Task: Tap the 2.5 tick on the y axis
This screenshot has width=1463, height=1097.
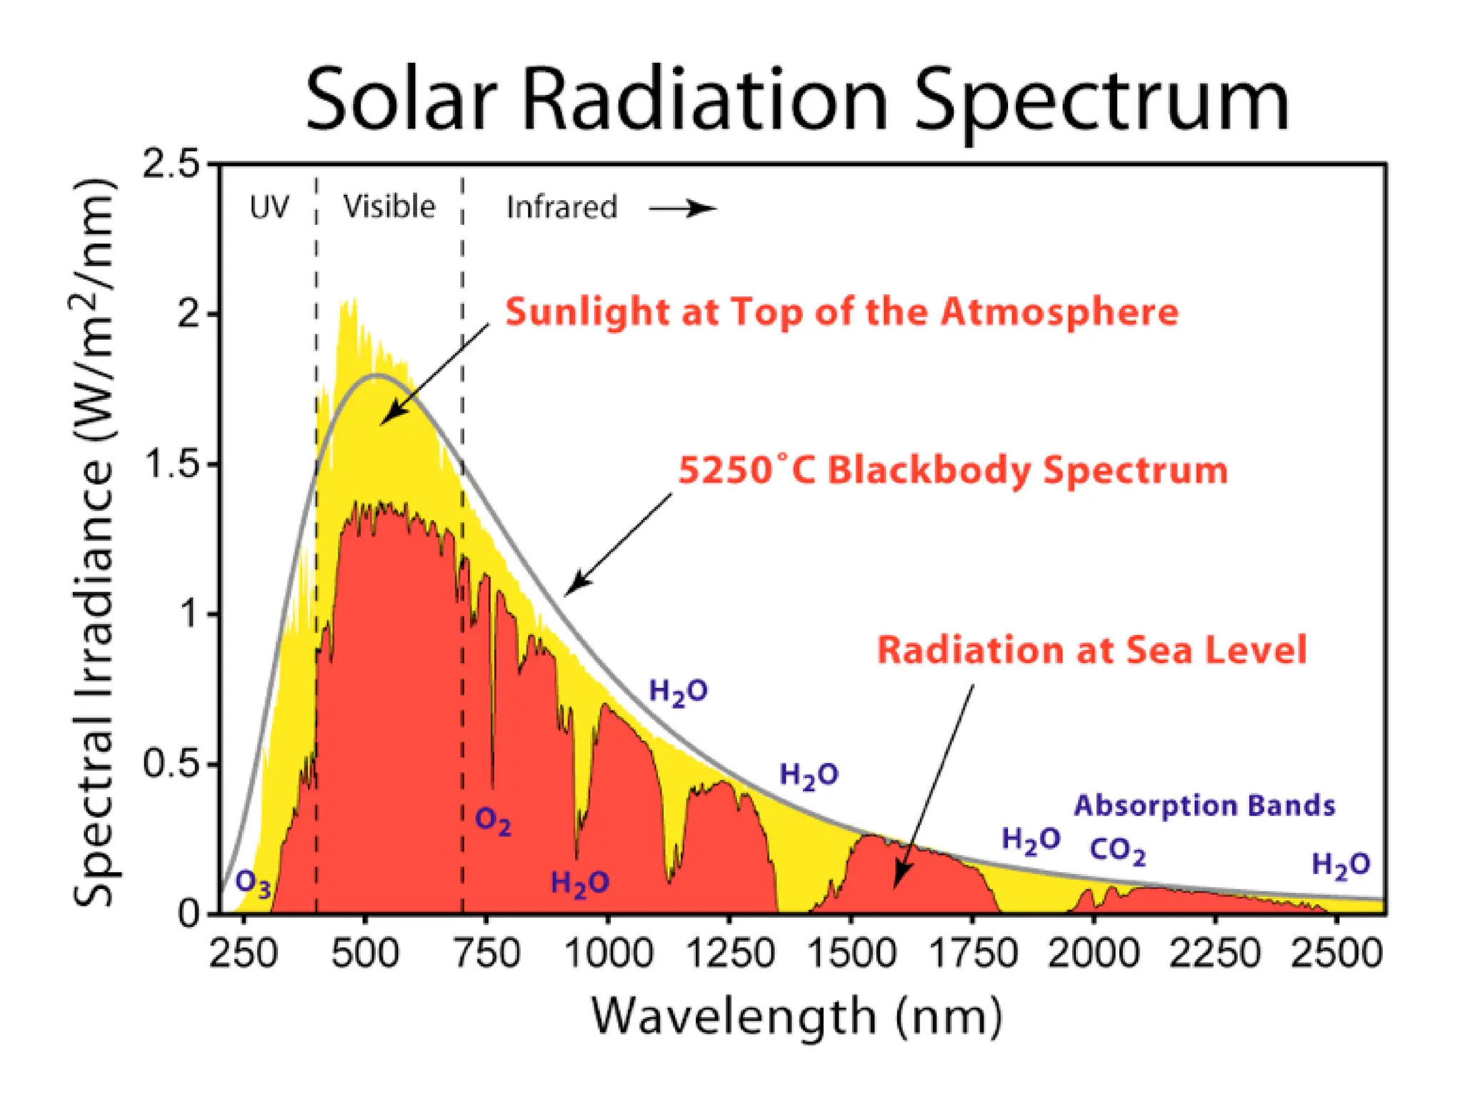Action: [171, 165]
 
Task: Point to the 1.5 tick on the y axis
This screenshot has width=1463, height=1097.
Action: [171, 464]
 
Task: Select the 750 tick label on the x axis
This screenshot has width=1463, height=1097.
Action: [487, 954]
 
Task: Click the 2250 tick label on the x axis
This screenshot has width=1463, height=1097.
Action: [1214, 954]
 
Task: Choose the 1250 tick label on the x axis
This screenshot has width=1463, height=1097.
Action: [729, 954]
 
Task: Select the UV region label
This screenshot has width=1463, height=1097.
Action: [269, 208]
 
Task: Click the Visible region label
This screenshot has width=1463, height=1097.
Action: [389, 206]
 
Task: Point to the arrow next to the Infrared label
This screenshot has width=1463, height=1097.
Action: [682, 209]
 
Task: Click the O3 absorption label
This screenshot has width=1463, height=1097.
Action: [253, 883]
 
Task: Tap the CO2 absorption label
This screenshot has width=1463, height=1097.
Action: [1117, 851]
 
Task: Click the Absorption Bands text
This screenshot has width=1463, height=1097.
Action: [1204, 806]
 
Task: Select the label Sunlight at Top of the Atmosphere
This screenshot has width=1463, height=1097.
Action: [842, 312]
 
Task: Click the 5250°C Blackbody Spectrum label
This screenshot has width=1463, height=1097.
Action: [952, 471]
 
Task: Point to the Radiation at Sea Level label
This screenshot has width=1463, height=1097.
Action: [1092, 650]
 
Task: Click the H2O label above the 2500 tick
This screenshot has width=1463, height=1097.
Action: [1341, 865]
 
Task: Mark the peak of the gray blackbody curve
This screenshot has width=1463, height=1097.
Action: [376, 375]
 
